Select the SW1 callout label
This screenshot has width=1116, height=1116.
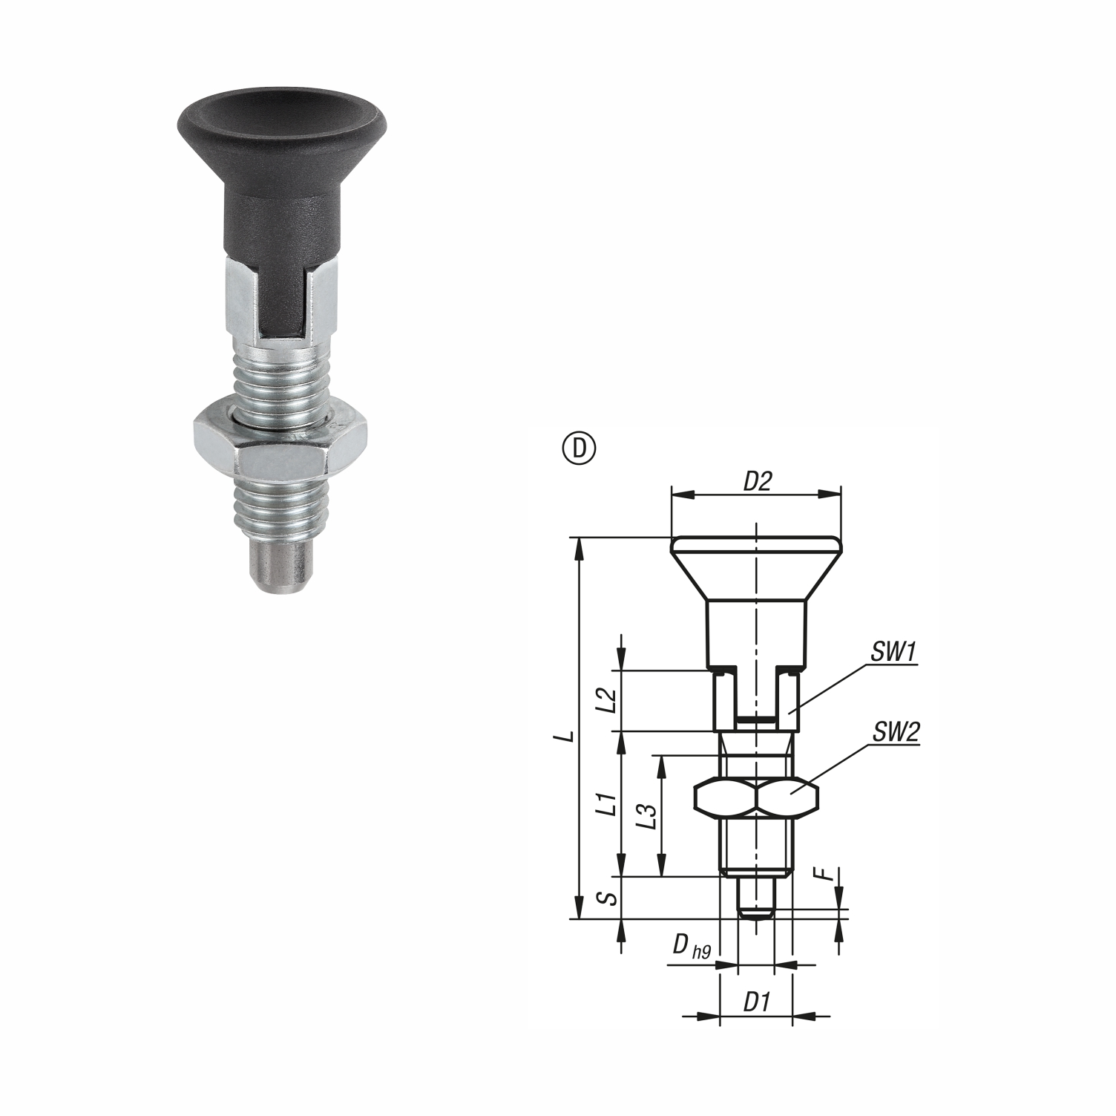(x=894, y=652)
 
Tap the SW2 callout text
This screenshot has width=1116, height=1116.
(x=896, y=733)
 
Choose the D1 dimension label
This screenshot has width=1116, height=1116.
(x=755, y=1003)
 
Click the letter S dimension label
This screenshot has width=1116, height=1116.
(x=608, y=898)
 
